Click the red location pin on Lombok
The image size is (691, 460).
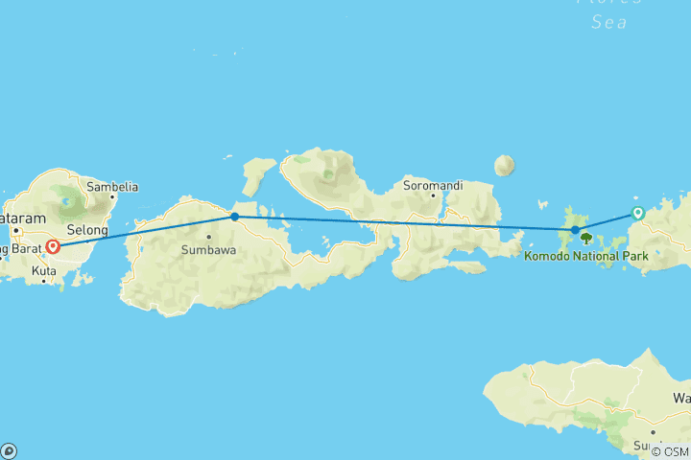click(53, 246)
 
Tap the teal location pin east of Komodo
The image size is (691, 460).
click(637, 213)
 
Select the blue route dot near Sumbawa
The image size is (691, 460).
click(234, 217)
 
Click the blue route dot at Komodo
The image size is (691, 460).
click(575, 230)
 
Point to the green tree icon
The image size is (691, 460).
click(585, 239)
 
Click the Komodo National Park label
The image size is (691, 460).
click(586, 256)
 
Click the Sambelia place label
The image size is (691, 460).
click(112, 187)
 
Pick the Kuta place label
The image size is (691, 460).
click(43, 271)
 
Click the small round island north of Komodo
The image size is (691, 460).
click(504, 166)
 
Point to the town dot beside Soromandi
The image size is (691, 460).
click(434, 195)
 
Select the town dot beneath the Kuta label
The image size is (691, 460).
click(43, 282)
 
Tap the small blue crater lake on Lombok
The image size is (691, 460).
click(68, 203)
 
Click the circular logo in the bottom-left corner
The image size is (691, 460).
click(9, 450)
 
